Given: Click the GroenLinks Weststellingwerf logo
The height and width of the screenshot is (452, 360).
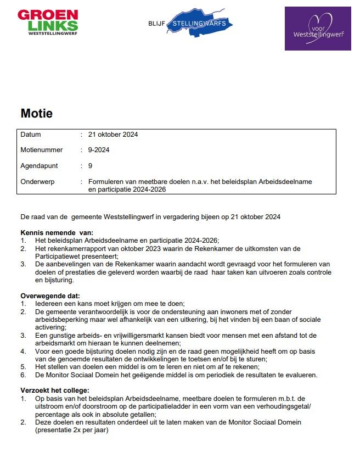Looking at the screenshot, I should (48, 23).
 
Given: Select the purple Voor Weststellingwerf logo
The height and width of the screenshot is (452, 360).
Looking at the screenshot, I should (318, 29).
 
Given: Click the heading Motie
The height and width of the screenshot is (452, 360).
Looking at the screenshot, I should (37, 114).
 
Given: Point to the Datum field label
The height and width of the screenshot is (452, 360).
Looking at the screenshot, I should (31, 135).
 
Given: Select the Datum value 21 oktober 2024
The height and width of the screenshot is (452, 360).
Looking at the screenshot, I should (113, 135).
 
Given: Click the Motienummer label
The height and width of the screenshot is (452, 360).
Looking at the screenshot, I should (42, 150).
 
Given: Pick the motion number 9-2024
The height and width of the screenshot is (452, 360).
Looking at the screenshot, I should (99, 150).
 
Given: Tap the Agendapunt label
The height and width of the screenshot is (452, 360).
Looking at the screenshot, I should (39, 165).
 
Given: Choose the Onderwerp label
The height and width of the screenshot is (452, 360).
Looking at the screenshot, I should (38, 181).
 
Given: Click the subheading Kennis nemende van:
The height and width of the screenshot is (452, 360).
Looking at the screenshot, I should (57, 232).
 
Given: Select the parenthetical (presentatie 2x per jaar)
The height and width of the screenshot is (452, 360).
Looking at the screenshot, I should (72, 429).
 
